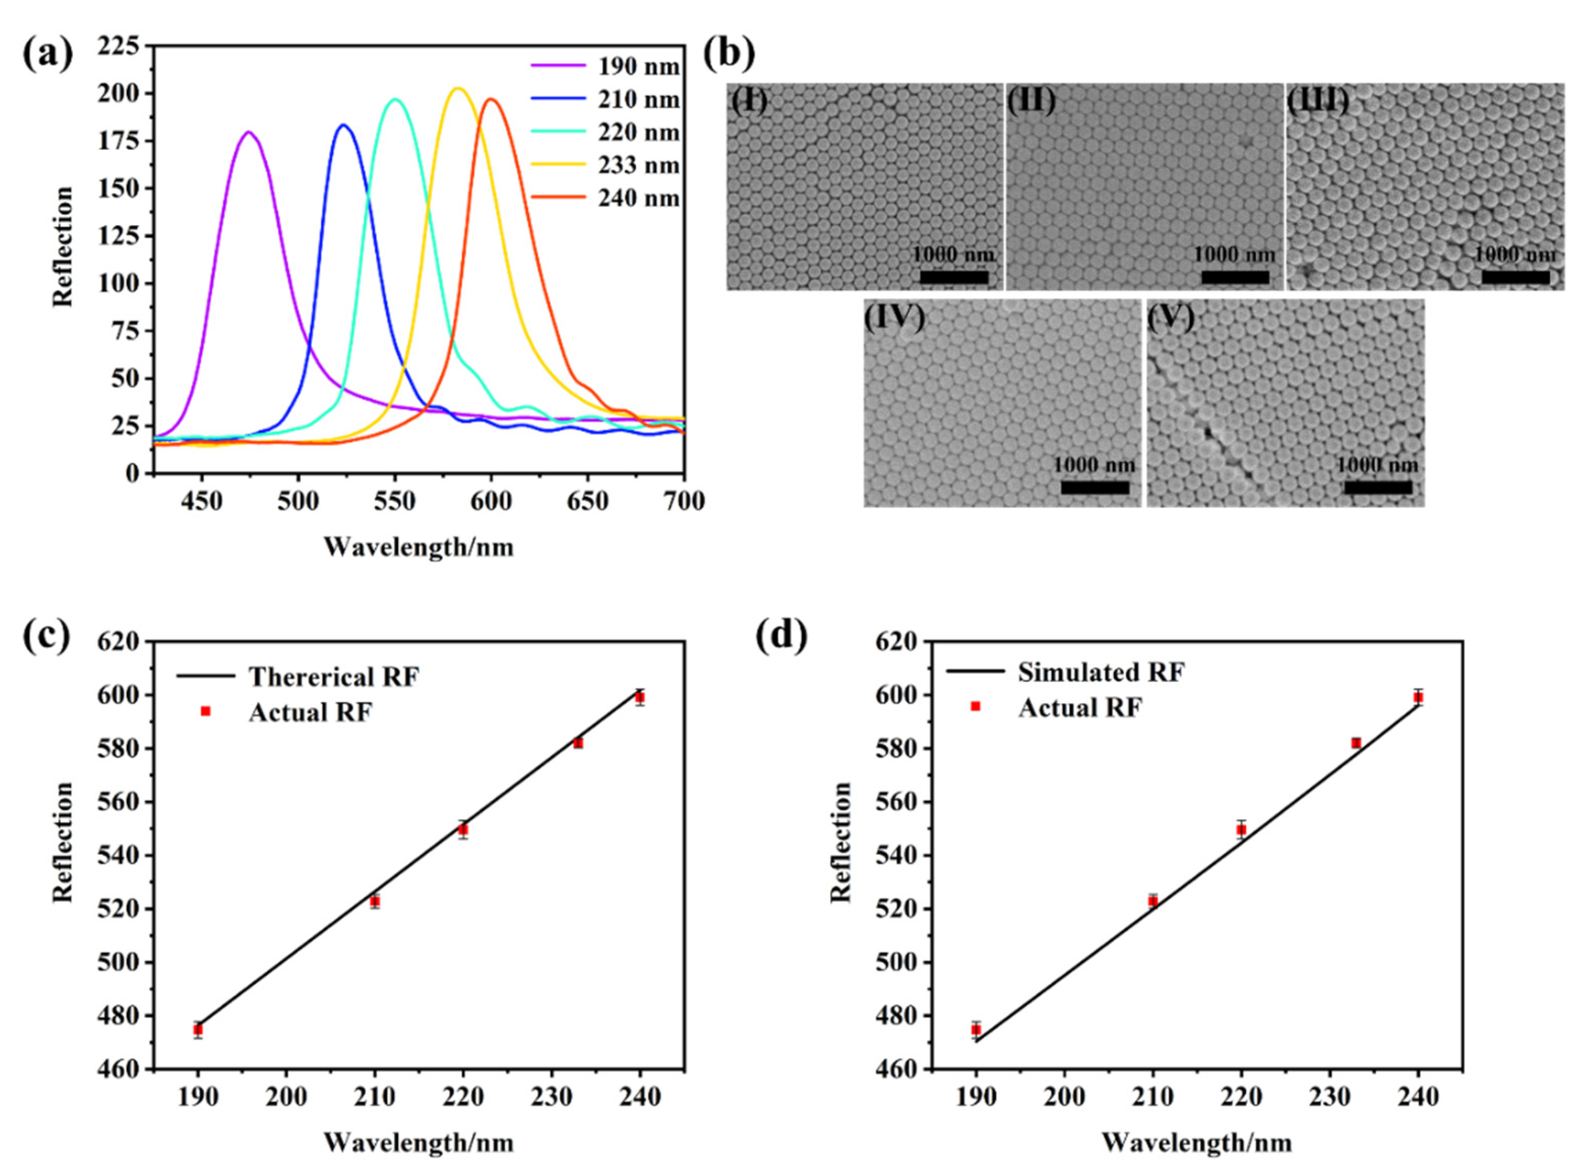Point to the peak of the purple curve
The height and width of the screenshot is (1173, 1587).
(248, 132)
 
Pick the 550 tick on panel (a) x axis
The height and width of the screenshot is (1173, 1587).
(395, 501)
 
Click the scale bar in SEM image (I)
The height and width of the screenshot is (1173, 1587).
(954, 277)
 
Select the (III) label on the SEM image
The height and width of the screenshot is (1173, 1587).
(1318, 101)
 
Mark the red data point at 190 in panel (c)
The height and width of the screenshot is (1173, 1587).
(198, 1029)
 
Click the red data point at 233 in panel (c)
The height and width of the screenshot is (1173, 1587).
(578, 743)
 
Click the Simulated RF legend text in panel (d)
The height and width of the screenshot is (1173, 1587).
(1101, 672)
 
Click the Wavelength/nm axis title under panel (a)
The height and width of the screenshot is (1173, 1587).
(418, 547)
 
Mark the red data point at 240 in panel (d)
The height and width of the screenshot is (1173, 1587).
(1418, 698)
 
